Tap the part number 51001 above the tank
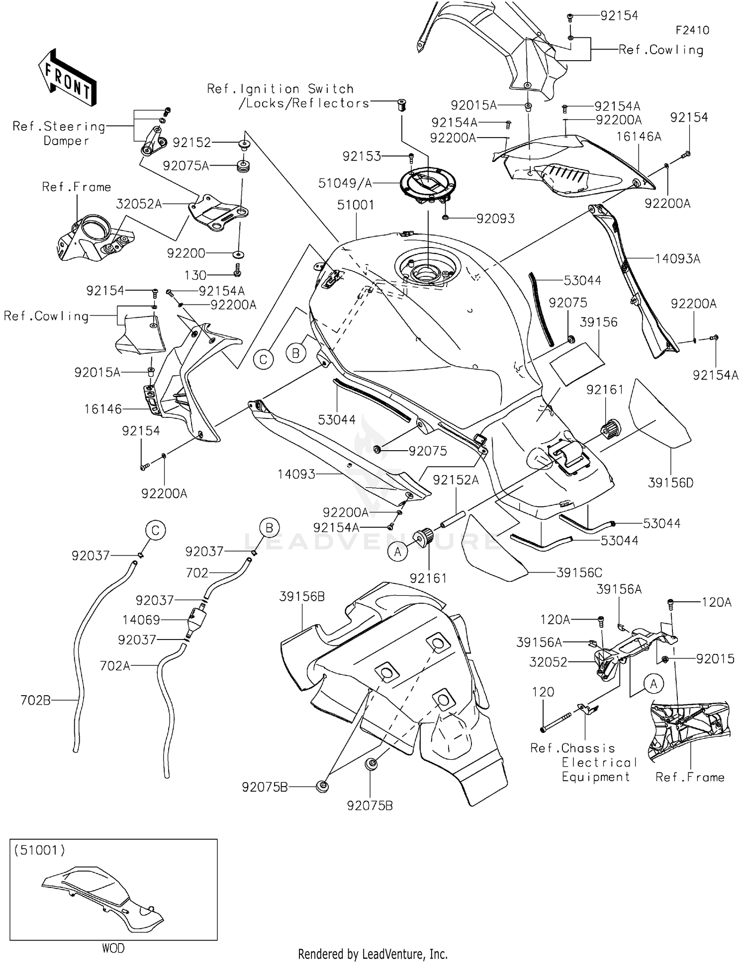coord(356,205)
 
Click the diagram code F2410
coord(692,30)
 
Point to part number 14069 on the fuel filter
coord(141,620)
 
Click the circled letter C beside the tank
coord(263,359)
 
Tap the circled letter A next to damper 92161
coord(398,552)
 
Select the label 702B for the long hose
coord(35,700)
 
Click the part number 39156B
coord(302,596)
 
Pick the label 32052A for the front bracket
coord(139,204)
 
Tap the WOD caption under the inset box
coord(113,948)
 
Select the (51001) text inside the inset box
coord(39,850)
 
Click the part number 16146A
coord(639,136)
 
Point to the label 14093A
coord(677,258)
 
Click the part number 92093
coord(495,219)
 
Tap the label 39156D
coord(670,482)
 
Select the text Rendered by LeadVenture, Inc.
coord(373,954)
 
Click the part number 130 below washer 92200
coord(195,275)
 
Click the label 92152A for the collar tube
coord(456,480)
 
